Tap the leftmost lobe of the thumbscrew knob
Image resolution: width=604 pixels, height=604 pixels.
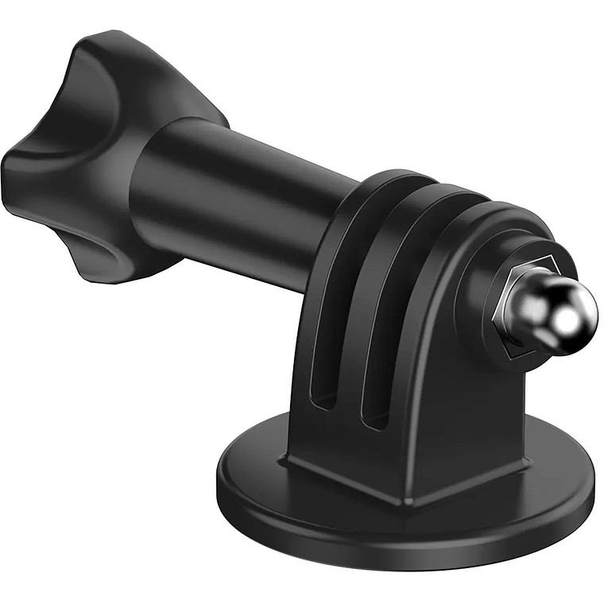(24, 171)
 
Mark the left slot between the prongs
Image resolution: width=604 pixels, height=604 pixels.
(319, 366)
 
